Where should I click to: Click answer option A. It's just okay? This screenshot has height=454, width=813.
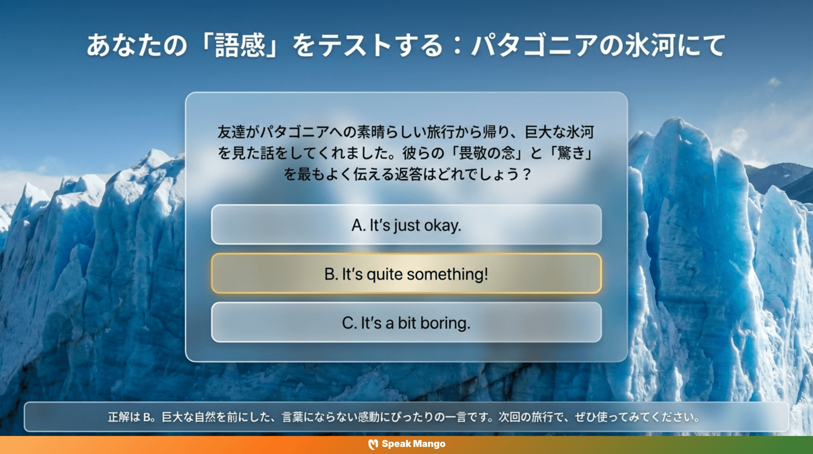click(x=406, y=225)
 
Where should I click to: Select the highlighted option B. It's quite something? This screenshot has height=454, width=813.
click(x=406, y=274)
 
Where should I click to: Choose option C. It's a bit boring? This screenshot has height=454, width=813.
click(x=406, y=323)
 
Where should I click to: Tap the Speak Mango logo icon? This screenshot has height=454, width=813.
click(x=373, y=444)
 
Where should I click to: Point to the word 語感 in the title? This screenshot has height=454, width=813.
click(x=240, y=46)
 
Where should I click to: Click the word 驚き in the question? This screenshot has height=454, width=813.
click(x=571, y=153)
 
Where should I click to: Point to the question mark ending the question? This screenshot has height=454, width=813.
click(x=526, y=174)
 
